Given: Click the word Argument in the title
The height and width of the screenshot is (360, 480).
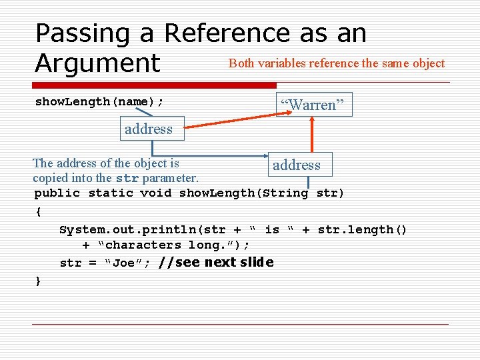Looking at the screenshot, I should [x=98, y=63].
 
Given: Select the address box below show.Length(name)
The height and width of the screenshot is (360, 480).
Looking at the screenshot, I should [x=148, y=129].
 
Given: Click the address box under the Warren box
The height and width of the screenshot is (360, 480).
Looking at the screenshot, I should [x=296, y=165].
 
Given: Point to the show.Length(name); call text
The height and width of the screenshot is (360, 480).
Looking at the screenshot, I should [x=99, y=101].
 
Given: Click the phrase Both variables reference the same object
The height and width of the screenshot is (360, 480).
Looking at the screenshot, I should [x=336, y=63].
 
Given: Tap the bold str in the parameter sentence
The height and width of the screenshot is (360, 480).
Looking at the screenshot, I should [x=127, y=179].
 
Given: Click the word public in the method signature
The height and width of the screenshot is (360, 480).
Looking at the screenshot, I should [x=57, y=193].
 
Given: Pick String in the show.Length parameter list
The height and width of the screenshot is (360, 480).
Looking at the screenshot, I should [x=285, y=193].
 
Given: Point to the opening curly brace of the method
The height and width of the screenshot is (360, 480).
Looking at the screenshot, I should [x=38, y=211].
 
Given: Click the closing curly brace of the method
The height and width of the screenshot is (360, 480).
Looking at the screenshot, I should [x=38, y=281].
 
